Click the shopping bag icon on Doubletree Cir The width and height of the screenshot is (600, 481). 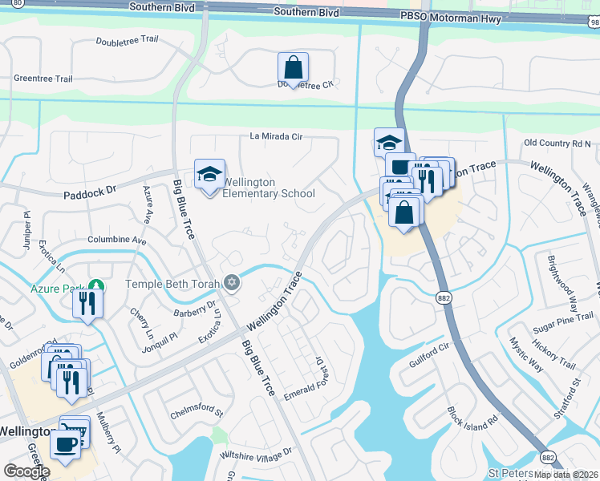[x=293, y=68]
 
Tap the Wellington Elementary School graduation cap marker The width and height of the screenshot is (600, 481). [x=209, y=176]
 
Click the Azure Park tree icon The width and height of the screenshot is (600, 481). [x=96, y=285]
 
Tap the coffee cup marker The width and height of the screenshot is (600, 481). [x=65, y=443]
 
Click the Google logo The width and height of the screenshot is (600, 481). [x=26, y=471]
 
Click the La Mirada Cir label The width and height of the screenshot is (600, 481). [x=276, y=137]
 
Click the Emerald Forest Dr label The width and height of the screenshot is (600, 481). [x=307, y=377]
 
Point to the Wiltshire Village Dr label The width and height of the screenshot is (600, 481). [x=257, y=454]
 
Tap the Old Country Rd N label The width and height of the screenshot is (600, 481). [x=557, y=143]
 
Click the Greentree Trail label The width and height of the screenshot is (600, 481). [x=43, y=79]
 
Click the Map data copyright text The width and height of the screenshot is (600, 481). [x=566, y=475]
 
